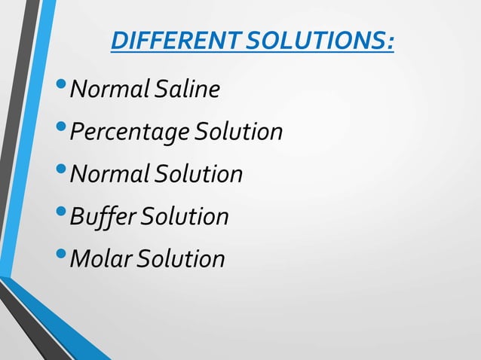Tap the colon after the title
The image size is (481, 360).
pos(390,42)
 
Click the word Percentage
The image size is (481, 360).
pos(130,133)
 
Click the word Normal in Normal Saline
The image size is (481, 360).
pos(110,90)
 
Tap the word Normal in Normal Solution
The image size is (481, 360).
pos(110,175)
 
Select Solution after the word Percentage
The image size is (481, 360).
pos(238,133)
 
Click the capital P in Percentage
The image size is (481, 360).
pos(76,133)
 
